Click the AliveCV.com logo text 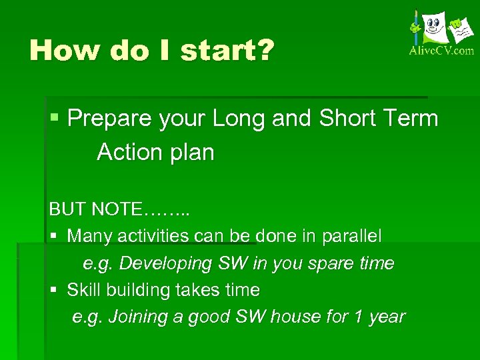pyautogui.click(x=441, y=51)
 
